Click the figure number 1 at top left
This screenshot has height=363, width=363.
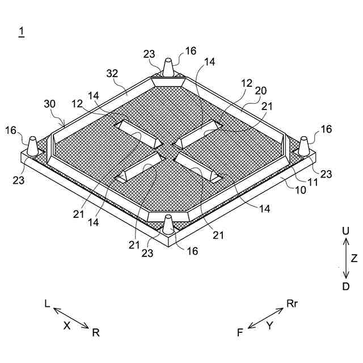coord(21,32)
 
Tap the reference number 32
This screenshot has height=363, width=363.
coord(112,73)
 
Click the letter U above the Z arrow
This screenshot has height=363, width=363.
coord(345,232)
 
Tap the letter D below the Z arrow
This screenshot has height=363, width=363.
coord(345,286)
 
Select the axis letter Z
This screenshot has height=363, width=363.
coord(354,259)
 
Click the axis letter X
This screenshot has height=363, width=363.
coord(66,325)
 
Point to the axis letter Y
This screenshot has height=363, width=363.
coord(270,325)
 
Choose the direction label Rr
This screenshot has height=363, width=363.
coord(292,304)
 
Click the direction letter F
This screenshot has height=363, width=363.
coord(240,333)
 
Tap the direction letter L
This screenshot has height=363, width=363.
coord(47,304)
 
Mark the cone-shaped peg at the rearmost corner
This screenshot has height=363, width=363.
coord(168,66)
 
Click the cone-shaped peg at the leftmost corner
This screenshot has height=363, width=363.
coord(33,146)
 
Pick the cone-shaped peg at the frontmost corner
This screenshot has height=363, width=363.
coord(168,224)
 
